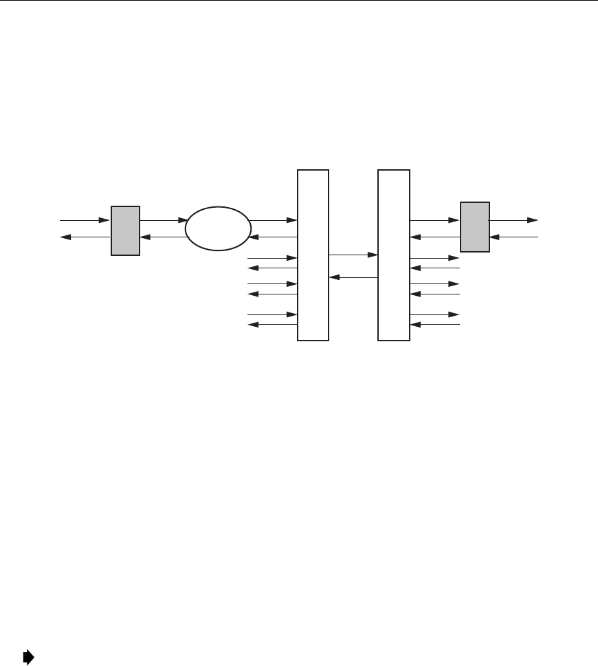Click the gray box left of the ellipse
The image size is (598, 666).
[125, 230]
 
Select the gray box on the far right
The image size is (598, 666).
[475, 226]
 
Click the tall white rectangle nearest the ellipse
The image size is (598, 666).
[313, 254]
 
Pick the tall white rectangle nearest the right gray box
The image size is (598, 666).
[394, 254]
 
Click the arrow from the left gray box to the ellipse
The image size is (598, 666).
[164, 221]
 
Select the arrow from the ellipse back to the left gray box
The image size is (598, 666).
[164, 238]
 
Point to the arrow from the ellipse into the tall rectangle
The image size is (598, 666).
[274, 221]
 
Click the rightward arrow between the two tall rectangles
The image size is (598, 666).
[353, 255]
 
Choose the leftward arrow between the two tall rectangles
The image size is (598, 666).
[353, 278]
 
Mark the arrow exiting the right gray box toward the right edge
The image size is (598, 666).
[513, 221]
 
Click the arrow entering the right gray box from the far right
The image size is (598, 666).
[513, 238]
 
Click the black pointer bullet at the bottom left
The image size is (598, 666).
[28, 658]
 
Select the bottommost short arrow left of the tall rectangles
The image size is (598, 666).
[272, 325]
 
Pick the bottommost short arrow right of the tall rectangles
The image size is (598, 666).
[434, 325]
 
